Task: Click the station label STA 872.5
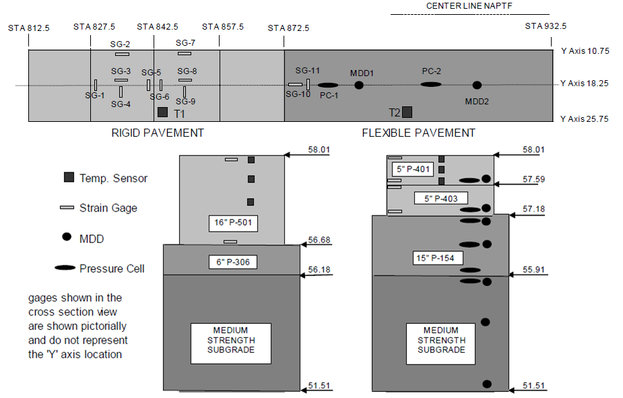pyautogui.click(x=288, y=28)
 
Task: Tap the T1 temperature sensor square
pyautogui.click(x=162, y=112)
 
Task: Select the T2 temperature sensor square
pyautogui.click(x=407, y=112)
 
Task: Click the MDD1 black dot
pyautogui.click(x=359, y=85)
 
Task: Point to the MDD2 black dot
pyautogui.click(x=477, y=85)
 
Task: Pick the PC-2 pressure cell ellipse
pyautogui.click(x=431, y=84)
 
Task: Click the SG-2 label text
pyautogui.click(x=121, y=44)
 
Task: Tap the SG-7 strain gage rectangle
pyautogui.click(x=185, y=53)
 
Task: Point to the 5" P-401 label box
pyautogui.click(x=412, y=168)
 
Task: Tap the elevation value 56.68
pyautogui.click(x=318, y=240)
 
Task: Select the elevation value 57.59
pyautogui.click(x=533, y=179)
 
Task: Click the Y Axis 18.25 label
pyautogui.click(x=584, y=84)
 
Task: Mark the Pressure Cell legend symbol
pyautogui.click(x=65, y=268)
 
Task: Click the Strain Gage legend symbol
pyautogui.click(x=67, y=208)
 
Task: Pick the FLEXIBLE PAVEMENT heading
pyautogui.click(x=418, y=133)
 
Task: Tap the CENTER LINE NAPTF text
pyautogui.click(x=469, y=6)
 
